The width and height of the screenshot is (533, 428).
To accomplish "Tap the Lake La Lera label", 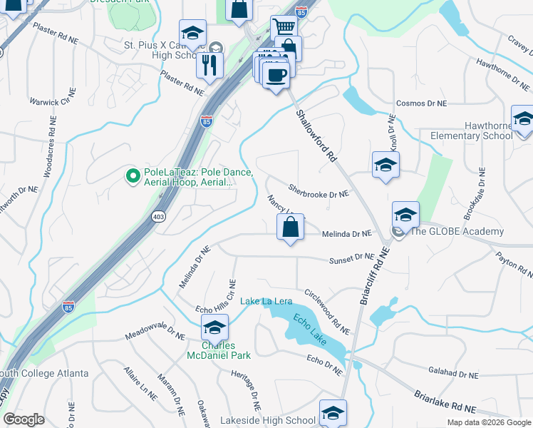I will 266,302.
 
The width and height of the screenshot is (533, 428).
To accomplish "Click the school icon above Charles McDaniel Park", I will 213,328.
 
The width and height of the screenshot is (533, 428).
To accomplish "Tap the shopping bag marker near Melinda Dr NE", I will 290,228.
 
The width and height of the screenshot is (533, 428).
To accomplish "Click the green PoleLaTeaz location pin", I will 132,175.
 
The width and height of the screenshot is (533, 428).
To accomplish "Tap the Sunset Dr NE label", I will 351,259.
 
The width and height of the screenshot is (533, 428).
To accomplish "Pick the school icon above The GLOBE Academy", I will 405,214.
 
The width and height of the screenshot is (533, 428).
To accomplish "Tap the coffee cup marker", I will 276,74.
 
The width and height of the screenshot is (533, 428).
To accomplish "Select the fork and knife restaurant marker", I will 209,66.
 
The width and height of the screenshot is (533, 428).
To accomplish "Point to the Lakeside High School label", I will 274,421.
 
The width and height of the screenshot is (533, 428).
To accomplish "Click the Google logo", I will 24,419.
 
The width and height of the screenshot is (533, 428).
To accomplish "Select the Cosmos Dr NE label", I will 420,103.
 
